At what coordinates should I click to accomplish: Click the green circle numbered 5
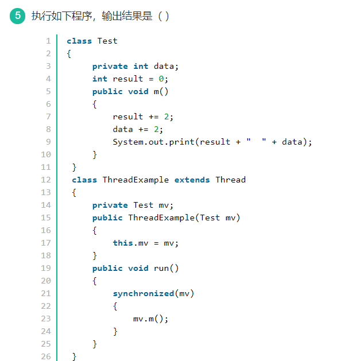18,15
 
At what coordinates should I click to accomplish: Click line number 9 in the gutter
48,142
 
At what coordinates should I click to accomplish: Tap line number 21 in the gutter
46,293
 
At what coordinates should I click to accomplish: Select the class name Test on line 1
107,41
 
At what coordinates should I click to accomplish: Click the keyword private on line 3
110,66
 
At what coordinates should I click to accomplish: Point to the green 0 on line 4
161,79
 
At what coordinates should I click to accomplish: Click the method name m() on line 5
161,91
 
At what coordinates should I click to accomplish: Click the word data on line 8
123,129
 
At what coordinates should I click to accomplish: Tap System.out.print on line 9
154,142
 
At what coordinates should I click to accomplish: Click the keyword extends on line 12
192,180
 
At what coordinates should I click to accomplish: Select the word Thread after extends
230,180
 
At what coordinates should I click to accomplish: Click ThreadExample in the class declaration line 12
136,180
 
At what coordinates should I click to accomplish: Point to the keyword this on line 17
123,243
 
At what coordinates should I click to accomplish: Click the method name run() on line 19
167,268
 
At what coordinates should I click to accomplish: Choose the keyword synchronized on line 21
143,293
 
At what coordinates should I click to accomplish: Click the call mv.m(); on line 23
151,319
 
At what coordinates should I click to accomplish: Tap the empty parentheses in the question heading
163,16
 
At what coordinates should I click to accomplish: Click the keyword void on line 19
138,268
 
